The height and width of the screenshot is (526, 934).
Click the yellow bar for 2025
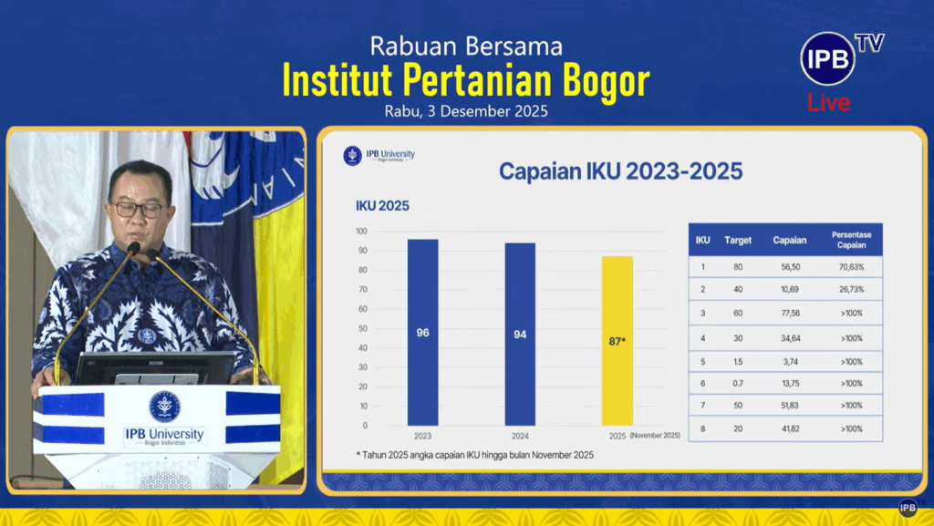click(x=617, y=341)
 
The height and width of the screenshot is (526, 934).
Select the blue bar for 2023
click(x=423, y=333)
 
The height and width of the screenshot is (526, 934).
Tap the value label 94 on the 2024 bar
click(x=520, y=335)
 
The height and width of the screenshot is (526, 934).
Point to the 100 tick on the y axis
click(x=361, y=231)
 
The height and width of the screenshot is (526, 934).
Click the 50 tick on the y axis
click(x=363, y=328)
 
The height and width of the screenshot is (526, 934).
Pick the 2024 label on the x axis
click(x=520, y=436)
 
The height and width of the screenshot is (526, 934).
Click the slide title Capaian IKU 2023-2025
click(x=620, y=171)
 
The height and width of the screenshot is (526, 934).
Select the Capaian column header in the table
click(x=790, y=241)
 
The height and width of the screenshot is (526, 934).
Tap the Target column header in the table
click(x=738, y=241)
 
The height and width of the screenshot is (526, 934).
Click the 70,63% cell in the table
click(x=851, y=267)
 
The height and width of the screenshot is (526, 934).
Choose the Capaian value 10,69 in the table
click(x=791, y=289)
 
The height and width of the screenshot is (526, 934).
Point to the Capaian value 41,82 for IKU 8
click(x=791, y=428)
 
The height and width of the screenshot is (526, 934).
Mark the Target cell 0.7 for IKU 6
click(x=738, y=384)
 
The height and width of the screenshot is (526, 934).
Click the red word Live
click(x=828, y=102)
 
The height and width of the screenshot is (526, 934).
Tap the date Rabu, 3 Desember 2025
click(x=466, y=111)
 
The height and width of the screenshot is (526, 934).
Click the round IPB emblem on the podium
click(x=164, y=407)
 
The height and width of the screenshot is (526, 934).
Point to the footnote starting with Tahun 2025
click(x=474, y=455)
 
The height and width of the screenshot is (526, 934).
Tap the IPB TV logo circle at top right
click(x=828, y=59)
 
